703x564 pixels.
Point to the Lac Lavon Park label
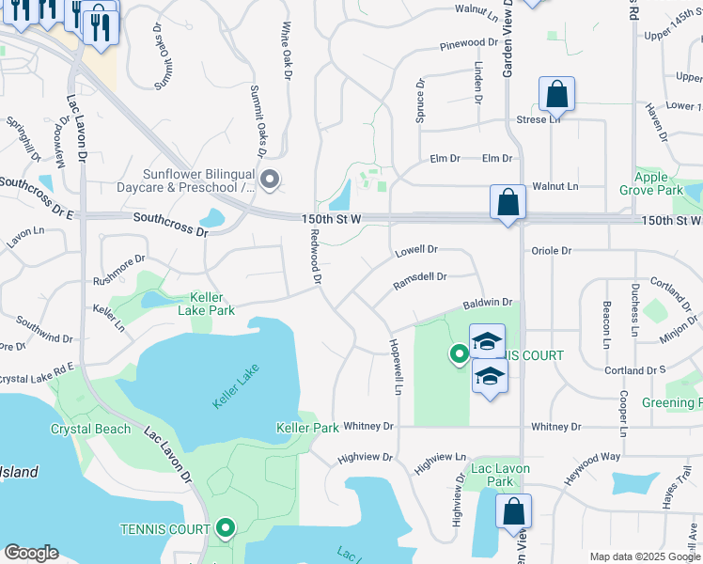pos(501,475)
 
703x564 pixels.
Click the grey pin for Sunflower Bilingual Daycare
pos(270,179)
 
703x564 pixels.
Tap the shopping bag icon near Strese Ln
pos(556,95)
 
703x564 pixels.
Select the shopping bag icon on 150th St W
pos(508,202)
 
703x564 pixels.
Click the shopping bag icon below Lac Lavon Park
pos(513,512)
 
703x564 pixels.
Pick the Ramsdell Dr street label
pos(419,277)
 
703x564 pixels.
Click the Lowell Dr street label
pos(416,250)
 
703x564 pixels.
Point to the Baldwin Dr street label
pos(486,304)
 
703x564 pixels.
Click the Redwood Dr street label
pos(317,259)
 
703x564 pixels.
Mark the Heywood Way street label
pos(592,457)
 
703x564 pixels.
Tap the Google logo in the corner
pos(31,553)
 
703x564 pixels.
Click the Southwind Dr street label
pos(44,337)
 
